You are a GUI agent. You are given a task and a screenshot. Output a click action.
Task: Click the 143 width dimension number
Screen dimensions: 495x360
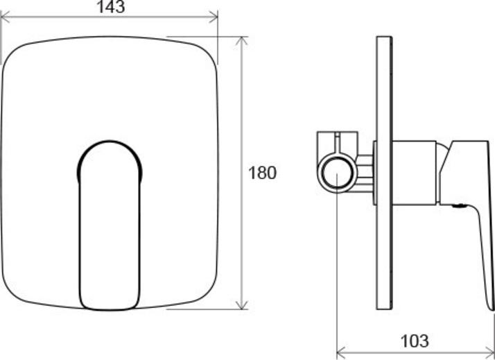pyautogui.click(x=111, y=7)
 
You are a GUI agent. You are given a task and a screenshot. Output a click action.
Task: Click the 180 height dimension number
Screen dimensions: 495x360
pyautogui.click(x=262, y=173)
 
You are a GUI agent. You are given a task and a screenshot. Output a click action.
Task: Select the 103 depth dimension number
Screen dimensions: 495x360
pyautogui.click(x=415, y=341)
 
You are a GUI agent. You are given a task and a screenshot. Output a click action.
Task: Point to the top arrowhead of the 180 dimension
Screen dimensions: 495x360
pyautogui.click(x=241, y=42)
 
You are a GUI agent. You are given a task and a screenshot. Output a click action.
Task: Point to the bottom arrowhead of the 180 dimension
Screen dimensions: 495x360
pyautogui.click(x=241, y=305)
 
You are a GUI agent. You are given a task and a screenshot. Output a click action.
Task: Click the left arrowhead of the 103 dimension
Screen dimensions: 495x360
pyautogui.click(x=342, y=351)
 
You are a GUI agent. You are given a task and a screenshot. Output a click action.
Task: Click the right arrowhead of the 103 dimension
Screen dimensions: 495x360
pyautogui.click(x=489, y=351)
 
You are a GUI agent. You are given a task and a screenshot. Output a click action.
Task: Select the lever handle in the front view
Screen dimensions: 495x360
pyautogui.click(x=110, y=225)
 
